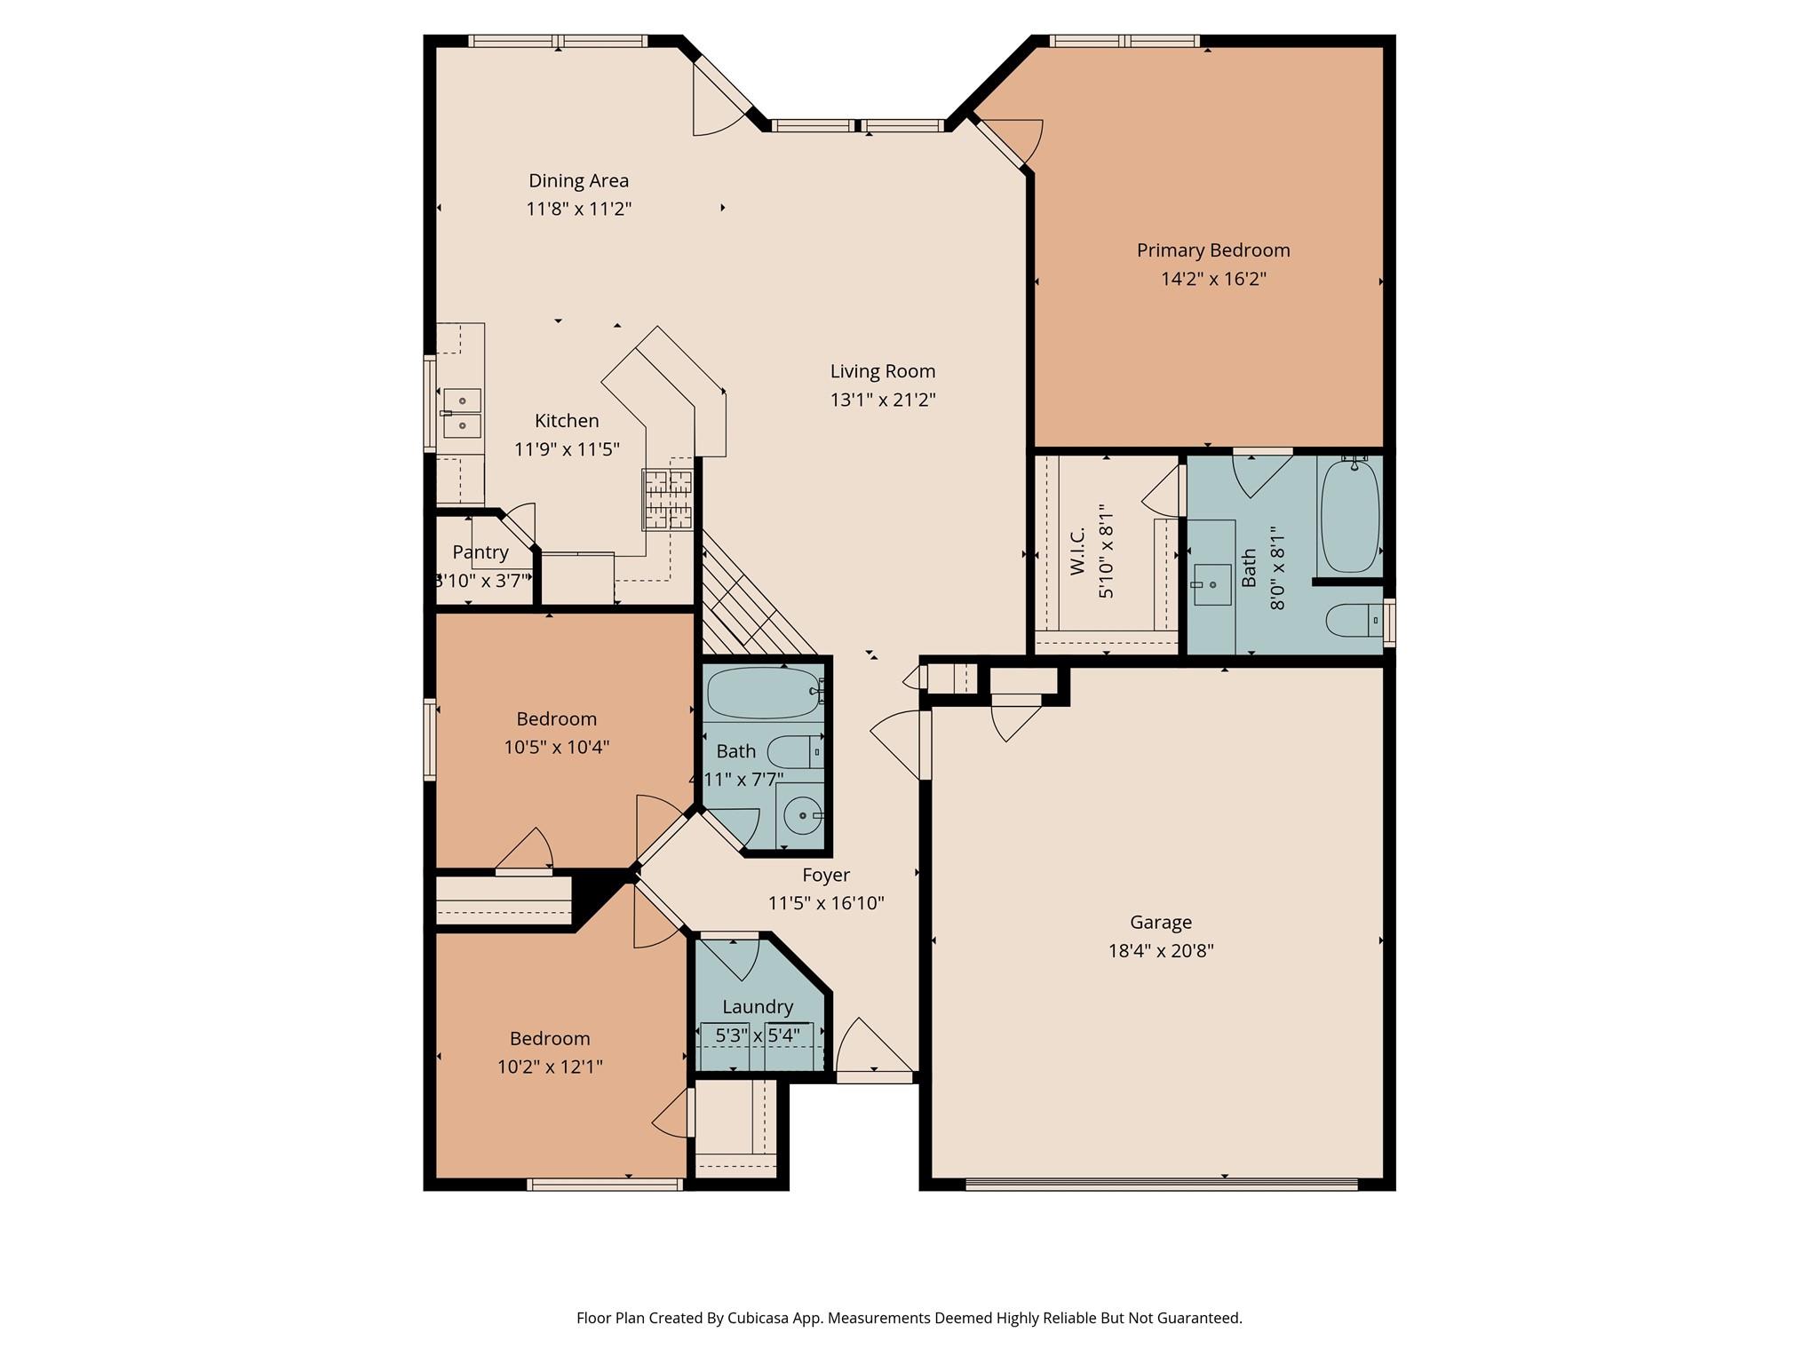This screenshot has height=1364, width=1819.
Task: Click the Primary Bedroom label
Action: click(x=1212, y=250)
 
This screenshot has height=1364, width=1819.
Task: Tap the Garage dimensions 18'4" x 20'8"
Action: click(x=1160, y=951)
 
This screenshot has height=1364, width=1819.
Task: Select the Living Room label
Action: click(x=882, y=371)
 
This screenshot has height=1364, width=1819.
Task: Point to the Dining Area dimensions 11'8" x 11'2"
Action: click(x=578, y=210)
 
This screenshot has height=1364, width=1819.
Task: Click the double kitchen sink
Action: click(x=462, y=414)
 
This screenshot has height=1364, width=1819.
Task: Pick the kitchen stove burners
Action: click(x=667, y=499)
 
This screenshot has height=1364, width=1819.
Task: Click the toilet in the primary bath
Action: click(x=1353, y=620)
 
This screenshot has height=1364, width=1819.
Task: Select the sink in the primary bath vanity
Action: click(x=1211, y=584)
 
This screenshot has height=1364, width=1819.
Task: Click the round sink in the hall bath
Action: click(x=802, y=815)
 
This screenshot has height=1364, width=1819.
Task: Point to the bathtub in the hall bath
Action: click(x=764, y=693)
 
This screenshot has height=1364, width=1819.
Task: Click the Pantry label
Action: click(x=480, y=552)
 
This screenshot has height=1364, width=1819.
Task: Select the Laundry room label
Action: click(x=757, y=1007)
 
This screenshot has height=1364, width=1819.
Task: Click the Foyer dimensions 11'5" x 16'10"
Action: click(x=825, y=904)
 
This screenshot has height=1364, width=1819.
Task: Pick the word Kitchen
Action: click(x=567, y=421)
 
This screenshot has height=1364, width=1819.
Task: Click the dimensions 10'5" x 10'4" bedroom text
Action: click(x=556, y=748)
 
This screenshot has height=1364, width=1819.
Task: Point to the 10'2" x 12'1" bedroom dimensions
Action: click(x=550, y=1067)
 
